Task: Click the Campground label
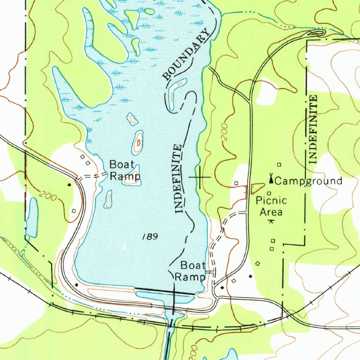(x=308, y=181)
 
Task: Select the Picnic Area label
(x=271, y=206)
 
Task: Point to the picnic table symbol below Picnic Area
(x=271, y=221)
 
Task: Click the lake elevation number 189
(x=149, y=237)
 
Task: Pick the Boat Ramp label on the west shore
(x=124, y=170)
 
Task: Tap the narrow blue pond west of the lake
(x=32, y=217)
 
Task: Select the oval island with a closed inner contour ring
(x=138, y=142)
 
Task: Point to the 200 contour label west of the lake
(x=47, y=196)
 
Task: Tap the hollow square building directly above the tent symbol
(x=279, y=165)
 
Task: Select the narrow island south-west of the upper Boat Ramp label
(x=108, y=199)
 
